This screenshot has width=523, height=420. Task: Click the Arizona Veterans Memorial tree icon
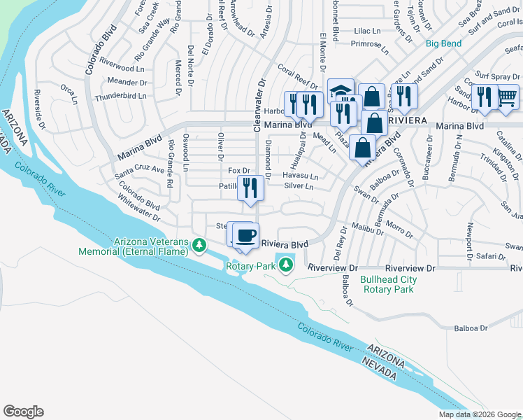(x=199, y=245)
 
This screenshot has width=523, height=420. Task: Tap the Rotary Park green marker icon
(x=285, y=265)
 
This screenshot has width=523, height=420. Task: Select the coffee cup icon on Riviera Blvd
(x=245, y=235)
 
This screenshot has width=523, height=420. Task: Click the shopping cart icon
(x=507, y=97)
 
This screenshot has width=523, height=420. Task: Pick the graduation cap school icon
(x=341, y=91)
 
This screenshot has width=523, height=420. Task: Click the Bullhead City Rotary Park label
(x=387, y=284)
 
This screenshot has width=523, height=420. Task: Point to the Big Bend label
(x=444, y=44)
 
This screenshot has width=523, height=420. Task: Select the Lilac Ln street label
(x=366, y=31)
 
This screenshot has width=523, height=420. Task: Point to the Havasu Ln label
(x=301, y=176)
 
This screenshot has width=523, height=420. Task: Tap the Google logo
(x=23, y=412)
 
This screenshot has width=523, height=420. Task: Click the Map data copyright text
(x=479, y=414)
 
